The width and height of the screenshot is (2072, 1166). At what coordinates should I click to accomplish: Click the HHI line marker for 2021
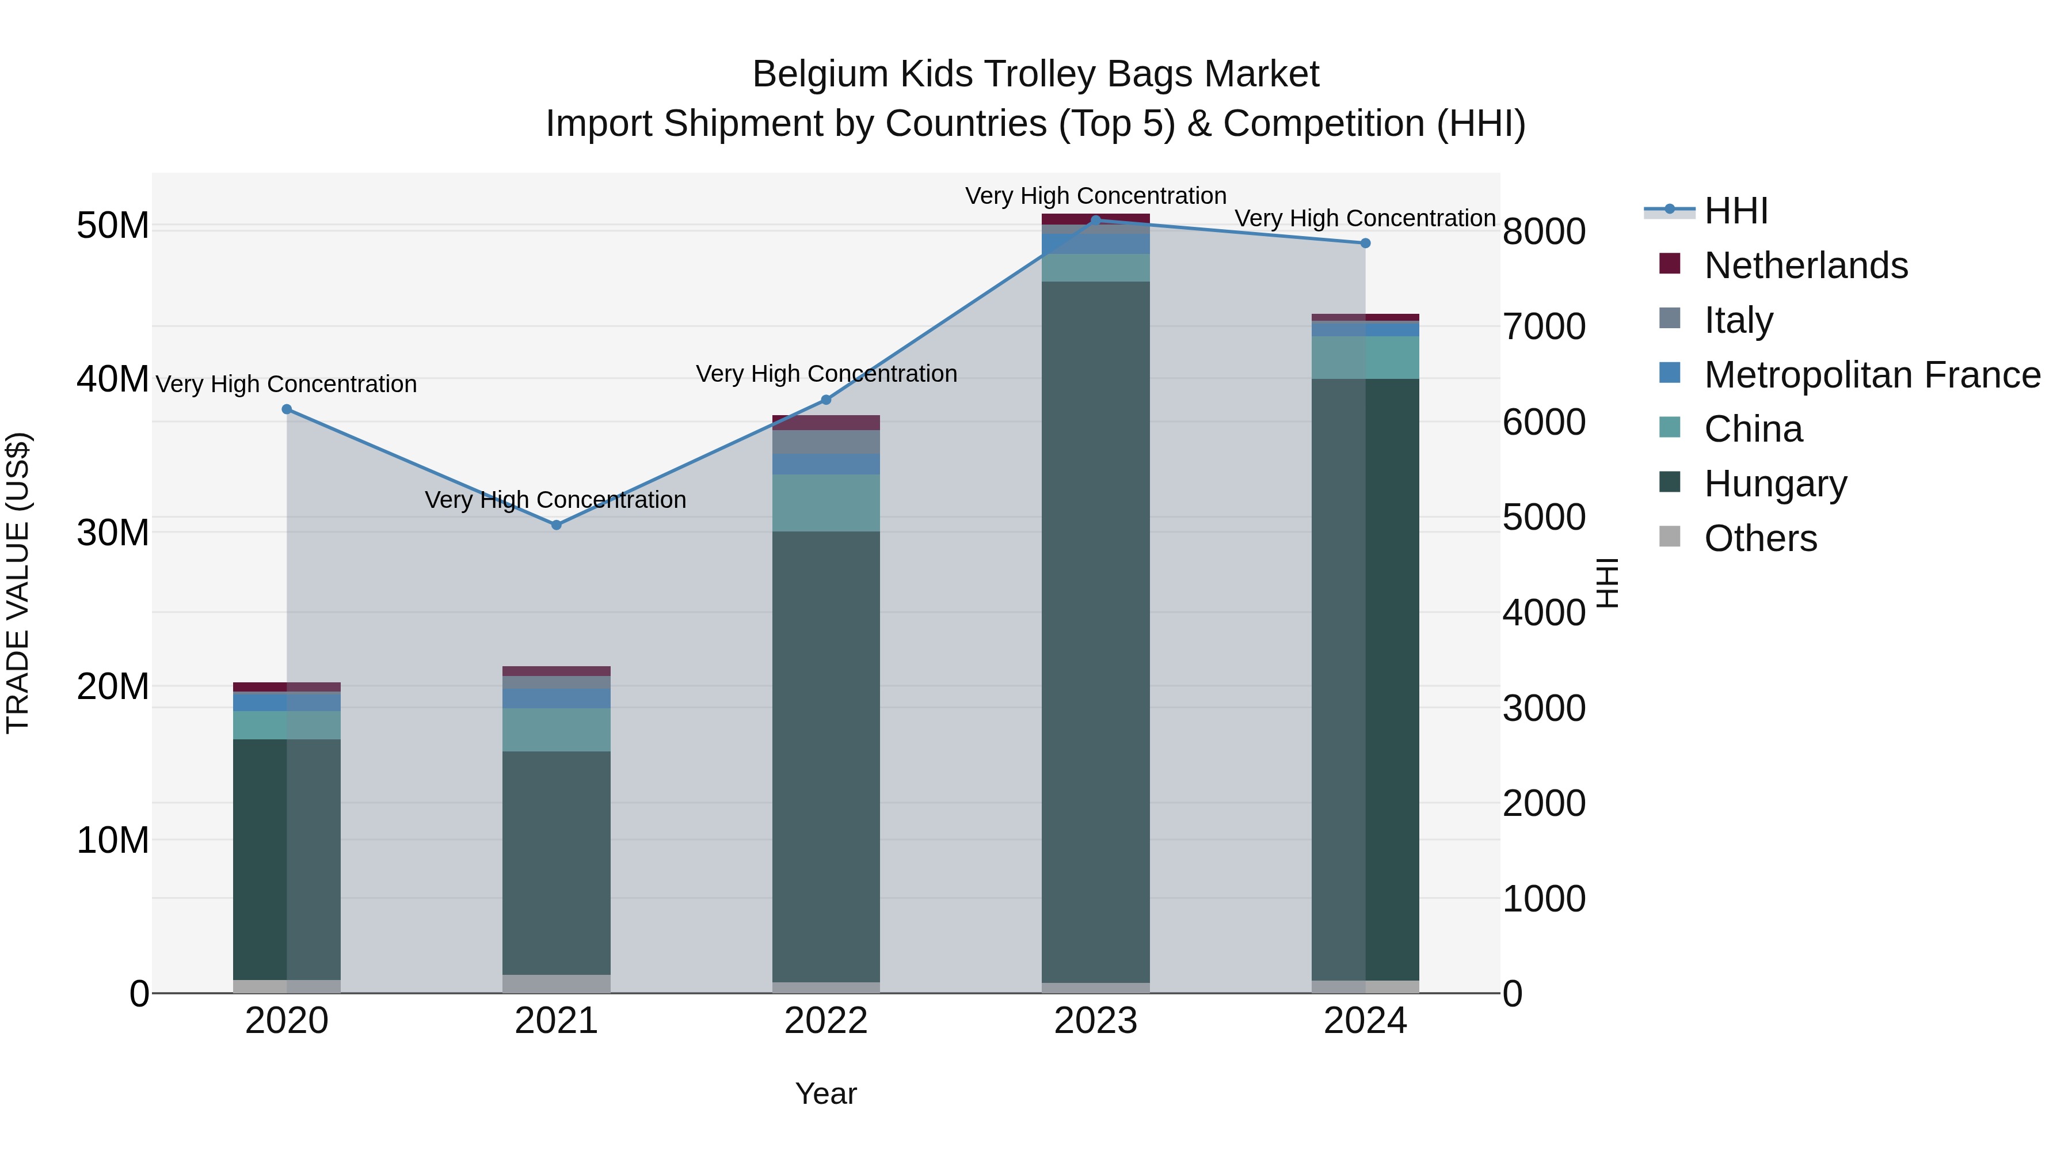[x=556, y=525]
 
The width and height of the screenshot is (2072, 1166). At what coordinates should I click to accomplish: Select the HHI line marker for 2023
[x=1095, y=220]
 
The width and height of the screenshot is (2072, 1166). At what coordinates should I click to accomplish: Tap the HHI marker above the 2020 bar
[x=287, y=409]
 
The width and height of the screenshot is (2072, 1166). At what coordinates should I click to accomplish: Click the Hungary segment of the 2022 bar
[x=825, y=757]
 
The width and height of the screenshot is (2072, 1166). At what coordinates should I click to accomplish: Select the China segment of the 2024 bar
[x=1365, y=357]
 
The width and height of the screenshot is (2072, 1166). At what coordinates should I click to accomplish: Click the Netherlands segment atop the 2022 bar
[x=825, y=423]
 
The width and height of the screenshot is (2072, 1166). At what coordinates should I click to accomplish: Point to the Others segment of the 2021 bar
[x=556, y=983]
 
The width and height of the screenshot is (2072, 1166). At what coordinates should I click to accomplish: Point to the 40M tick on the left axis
[x=113, y=379]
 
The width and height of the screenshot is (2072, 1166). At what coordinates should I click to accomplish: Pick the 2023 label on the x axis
[x=1095, y=1021]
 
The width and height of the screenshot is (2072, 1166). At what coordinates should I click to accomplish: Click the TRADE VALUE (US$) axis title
[x=18, y=583]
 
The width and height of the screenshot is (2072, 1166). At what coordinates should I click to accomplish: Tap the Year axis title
[x=825, y=1093]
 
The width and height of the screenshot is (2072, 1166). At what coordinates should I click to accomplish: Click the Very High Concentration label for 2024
[x=1365, y=218]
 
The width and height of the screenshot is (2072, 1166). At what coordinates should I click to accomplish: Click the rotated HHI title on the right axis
[x=1606, y=583]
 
